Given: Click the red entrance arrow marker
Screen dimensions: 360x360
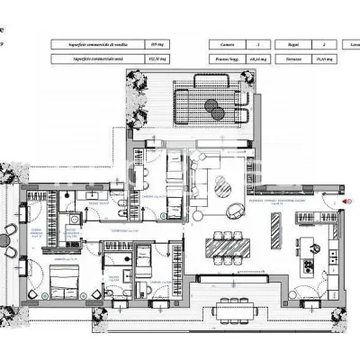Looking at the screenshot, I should [x=346, y=202].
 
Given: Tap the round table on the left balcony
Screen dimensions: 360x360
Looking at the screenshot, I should [x=10, y=239].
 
